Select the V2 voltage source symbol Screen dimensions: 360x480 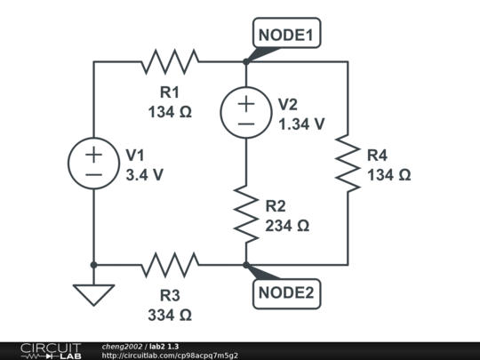244,113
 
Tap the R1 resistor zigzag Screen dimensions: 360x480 169,61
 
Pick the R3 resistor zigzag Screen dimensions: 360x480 169,265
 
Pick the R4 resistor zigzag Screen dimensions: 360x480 347,163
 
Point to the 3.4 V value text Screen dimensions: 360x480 145,175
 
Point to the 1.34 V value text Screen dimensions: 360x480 301,124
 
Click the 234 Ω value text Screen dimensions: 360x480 287,226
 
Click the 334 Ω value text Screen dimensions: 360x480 169,315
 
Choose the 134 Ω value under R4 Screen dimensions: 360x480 389,175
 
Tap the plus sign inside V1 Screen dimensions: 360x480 93,153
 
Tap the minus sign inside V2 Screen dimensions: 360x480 244,124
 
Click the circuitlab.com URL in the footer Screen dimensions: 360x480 170,356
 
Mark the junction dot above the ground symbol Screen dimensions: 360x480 93,265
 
